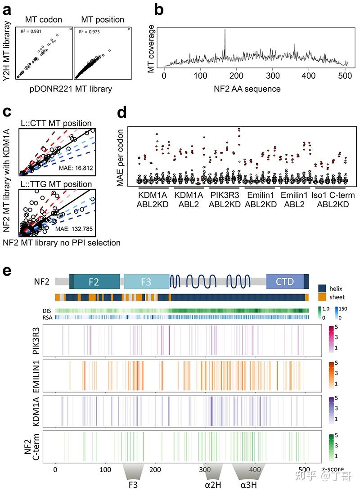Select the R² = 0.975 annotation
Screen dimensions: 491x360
tap(90, 32)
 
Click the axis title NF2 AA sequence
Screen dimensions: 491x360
tap(247, 88)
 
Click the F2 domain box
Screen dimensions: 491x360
tap(94, 282)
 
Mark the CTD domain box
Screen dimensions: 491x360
tap(284, 282)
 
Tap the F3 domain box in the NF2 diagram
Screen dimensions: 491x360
tap(146, 282)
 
